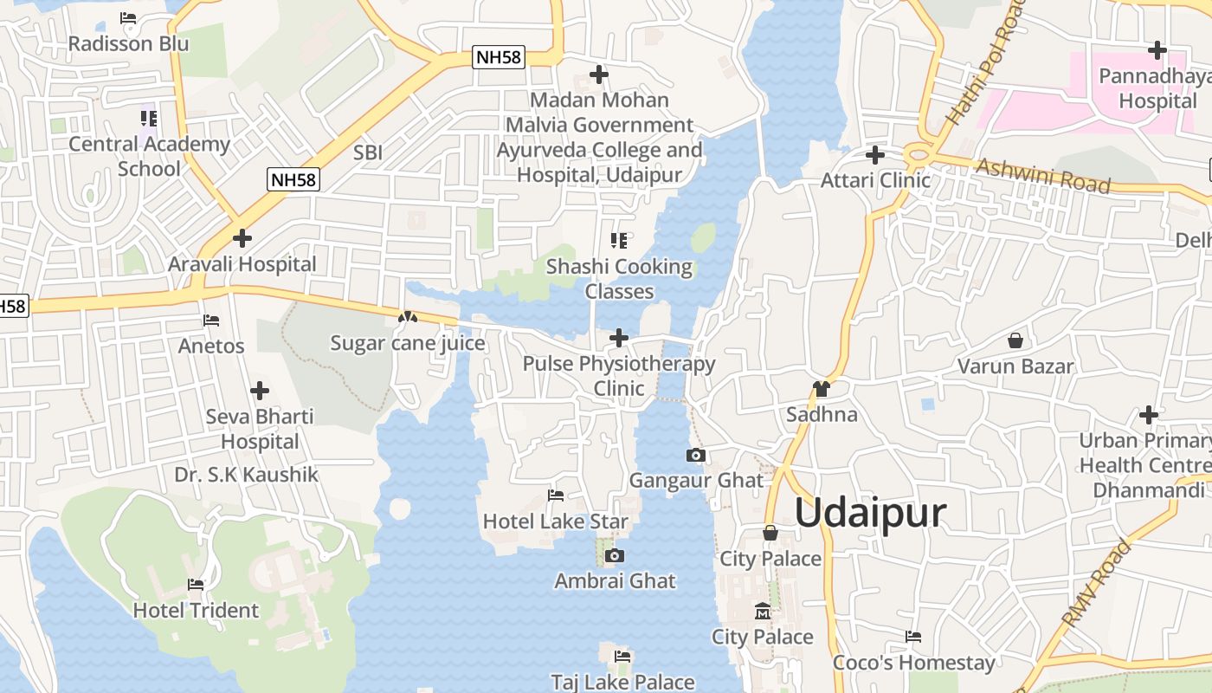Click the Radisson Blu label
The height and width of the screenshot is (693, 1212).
pos(128,43)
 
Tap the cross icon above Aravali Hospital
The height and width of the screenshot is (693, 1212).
pos(242,237)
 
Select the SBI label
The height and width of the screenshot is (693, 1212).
pos(368,153)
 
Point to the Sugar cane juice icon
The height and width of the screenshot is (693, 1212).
pos(407,318)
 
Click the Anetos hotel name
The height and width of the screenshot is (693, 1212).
pos(211,346)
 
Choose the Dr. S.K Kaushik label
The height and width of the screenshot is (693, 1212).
pos(246,475)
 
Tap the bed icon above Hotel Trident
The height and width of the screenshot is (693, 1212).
pos(196,585)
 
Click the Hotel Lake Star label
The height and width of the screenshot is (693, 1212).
pos(555,521)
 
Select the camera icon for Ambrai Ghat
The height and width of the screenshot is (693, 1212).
pos(614,555)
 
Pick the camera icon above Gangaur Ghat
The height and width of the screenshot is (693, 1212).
pos(695,455)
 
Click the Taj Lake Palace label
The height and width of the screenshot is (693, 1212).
pos(623,682)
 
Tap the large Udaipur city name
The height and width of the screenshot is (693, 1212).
pos(870,513)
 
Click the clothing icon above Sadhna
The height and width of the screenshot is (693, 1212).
pos(821,389)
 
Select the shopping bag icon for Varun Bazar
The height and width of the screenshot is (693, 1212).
pos(1015,340)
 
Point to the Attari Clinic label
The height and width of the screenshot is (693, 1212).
pos(875,180)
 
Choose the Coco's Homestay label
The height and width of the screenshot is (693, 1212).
pos(913,663)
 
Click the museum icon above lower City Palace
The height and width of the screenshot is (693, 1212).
pos(762,612)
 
